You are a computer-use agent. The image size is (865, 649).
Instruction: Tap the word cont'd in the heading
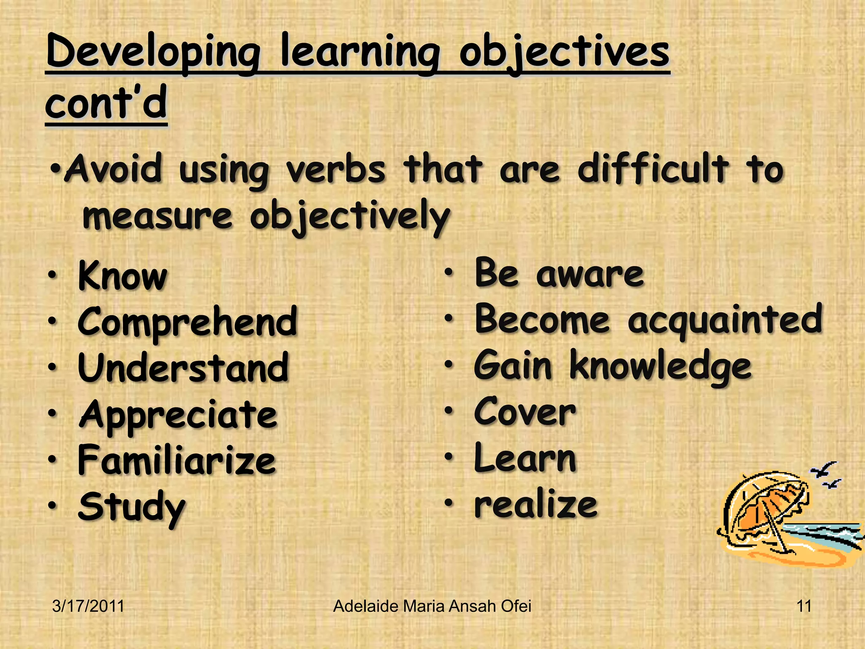point(106,103)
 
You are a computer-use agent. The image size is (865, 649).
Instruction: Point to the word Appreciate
point(178,415)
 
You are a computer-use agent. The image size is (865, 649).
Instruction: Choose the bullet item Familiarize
point(177,461)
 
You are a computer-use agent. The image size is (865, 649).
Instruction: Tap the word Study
point(131,508)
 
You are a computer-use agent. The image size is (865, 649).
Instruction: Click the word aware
point(590,274)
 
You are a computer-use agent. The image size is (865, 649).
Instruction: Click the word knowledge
point(660,367)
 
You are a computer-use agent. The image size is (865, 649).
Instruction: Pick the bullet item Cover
point(525,412)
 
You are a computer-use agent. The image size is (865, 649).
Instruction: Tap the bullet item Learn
point(525,458)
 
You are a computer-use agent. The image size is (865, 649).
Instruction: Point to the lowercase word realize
point(536,505)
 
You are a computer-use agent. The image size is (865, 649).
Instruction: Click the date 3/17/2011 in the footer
point(88,606)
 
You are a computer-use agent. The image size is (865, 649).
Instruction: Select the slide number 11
point(804,606)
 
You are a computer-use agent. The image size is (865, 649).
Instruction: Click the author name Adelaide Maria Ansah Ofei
point(432,606)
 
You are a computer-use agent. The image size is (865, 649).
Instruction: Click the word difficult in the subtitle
point(653,170)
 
